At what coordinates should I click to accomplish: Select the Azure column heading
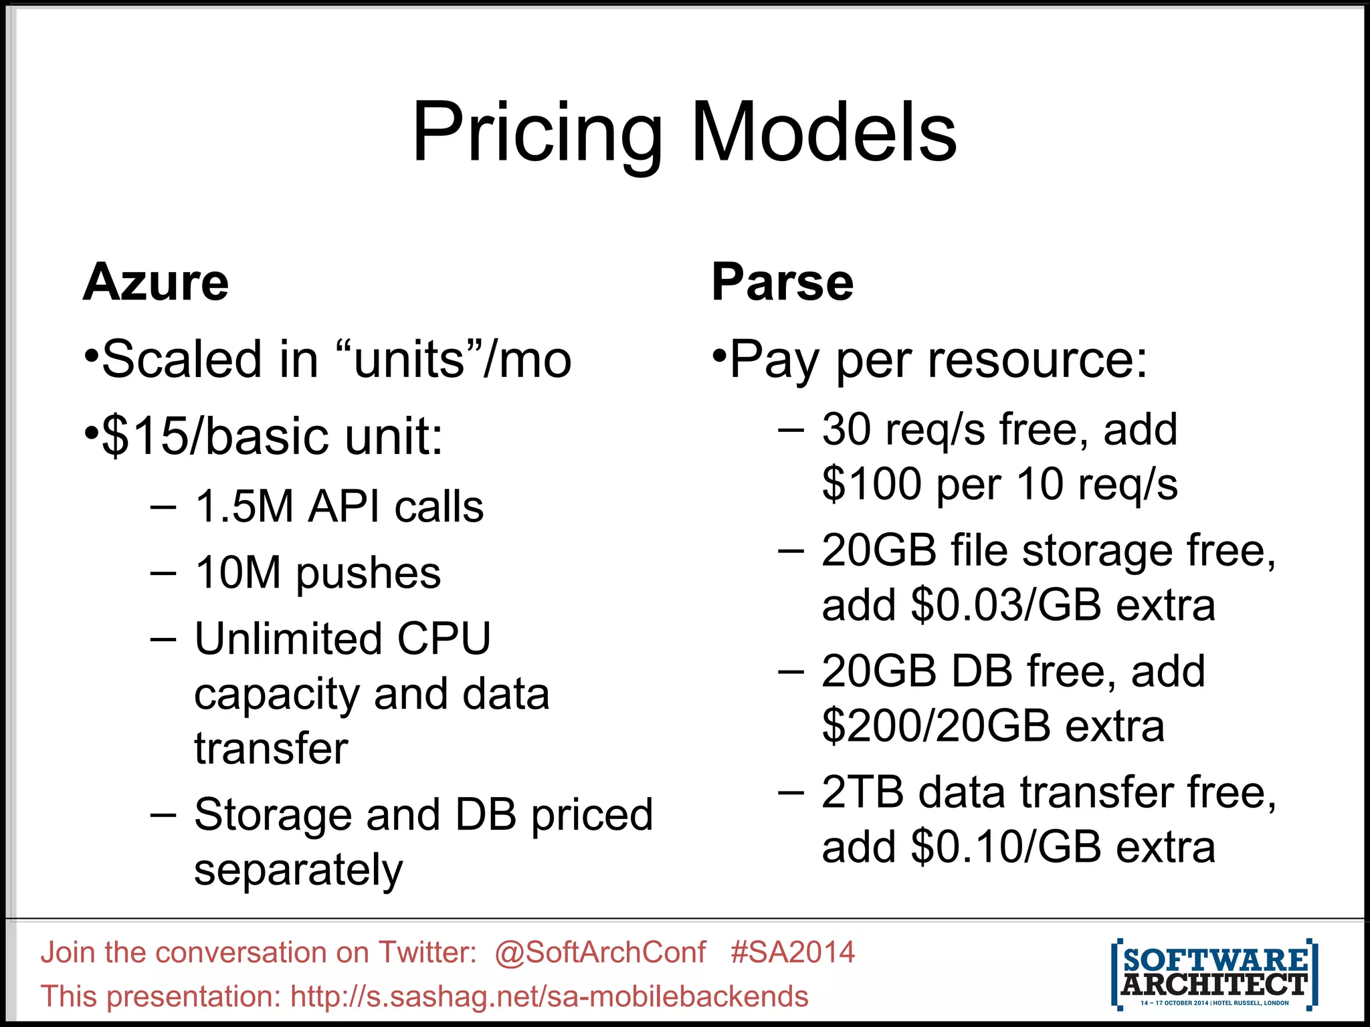[x=156, y=282]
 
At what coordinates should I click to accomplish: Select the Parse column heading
[x=782, y=282]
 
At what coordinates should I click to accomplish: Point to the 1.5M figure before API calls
[x=243, y=507]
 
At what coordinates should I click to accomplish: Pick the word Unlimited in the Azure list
[x=288, y=639]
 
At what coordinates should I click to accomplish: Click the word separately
[x=298, y=870]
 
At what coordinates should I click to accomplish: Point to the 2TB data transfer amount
[x=863, y=793]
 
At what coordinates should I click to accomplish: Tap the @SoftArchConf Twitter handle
[x=600, y=952]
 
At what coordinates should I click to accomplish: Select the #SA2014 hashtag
[x=793, y=952]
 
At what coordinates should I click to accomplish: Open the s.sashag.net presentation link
[x=549, y=996]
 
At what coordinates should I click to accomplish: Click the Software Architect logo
[x=1214, y=973]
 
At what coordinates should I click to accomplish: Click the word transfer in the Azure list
[x=271, y=748]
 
